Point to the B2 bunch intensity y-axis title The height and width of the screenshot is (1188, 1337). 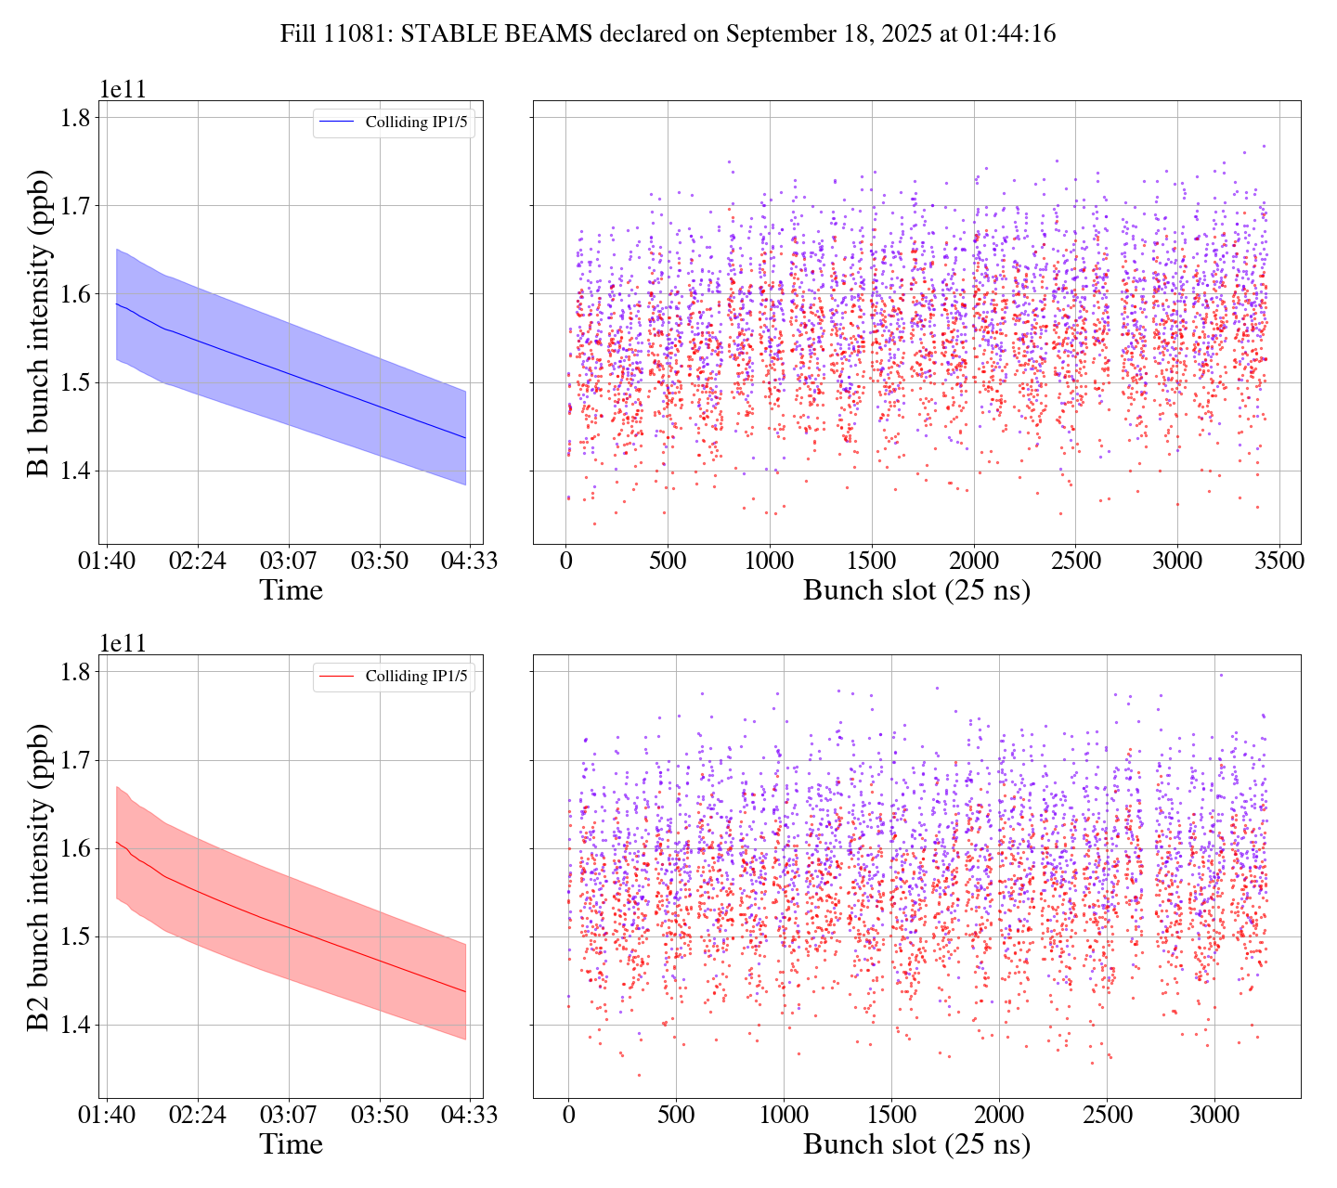[x=39, y=876]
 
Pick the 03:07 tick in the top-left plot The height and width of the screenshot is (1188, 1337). [x=288, y=562]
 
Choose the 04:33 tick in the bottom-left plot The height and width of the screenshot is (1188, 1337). [x=468, y=1115]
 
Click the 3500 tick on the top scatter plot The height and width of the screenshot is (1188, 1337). [x=1279, y=562]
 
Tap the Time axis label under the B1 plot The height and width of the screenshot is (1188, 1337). [x=291, y=590]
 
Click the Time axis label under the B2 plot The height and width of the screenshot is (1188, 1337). [x=291, y=1144]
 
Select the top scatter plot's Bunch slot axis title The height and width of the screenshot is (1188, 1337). [x=916, y=590]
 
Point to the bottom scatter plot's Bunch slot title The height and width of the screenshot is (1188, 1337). [x=916, y=1144]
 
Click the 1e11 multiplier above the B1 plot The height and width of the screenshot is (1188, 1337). [x=123, y=90]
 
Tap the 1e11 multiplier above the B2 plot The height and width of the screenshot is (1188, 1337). [x=123, y=644]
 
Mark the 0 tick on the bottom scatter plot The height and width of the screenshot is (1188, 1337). [x=568, y=1115]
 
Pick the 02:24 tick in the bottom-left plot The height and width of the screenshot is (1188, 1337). [x=198, y=1115]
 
